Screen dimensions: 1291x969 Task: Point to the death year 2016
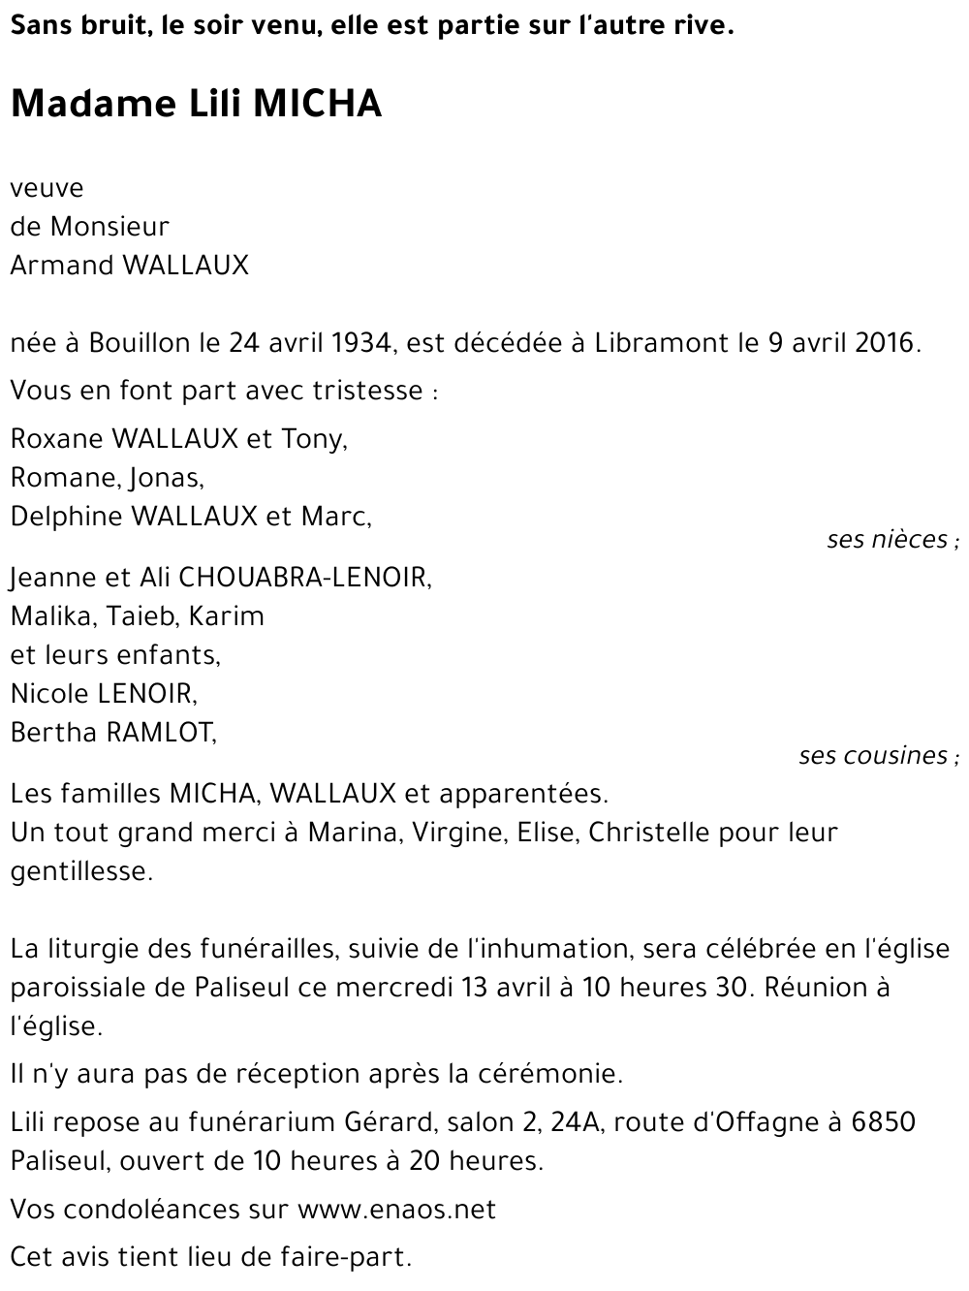coord(884,343)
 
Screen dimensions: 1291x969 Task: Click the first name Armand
coord(59,266)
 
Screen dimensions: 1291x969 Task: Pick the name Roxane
coord(56,439)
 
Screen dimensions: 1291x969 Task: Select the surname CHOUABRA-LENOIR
coord(302,578)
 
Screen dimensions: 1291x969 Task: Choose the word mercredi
coord(394,989)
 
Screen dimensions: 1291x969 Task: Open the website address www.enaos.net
coord(397,1210)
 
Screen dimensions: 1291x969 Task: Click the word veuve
coord(47,188)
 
